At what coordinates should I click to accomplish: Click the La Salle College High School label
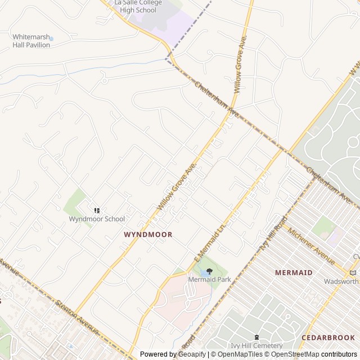tap(138, 6)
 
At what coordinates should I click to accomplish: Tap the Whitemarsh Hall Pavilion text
tap(31, 40)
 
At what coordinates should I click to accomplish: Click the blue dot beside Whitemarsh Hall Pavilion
tap(51, 39)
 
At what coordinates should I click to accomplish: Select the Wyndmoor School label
tap(97, 219)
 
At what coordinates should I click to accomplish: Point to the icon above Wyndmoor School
tap(97, 210)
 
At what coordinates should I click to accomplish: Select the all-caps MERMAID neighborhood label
tap(294, 272)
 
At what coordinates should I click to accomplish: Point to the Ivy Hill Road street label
tap(272, 234)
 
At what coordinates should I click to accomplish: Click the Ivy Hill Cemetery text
tap(256, 345)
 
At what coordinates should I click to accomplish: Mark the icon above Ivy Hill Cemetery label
tap(256, 337)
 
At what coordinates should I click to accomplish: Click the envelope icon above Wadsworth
tap(353, 273)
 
